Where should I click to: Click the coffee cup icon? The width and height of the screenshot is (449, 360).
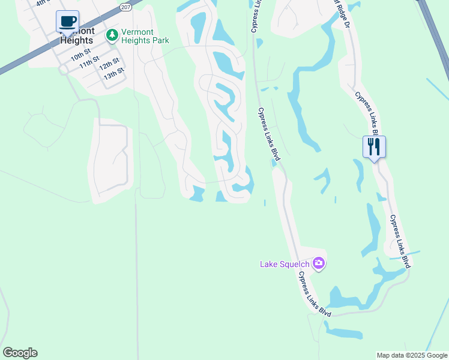pyautogui.click(x=67, y=22)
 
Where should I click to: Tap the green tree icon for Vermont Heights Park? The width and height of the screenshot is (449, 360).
pyautogui.click(x=112, y=35)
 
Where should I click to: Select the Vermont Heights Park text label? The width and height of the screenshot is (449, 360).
pyautogui.click(x=145, y=36)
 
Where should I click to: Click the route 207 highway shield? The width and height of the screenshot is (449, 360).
pyautogui.click(x=125, y=7)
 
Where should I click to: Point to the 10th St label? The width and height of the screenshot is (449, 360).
pyautogui.click(x=79, y=56)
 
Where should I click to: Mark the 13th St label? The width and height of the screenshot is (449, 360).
pyautogui.click(x=113, y=74)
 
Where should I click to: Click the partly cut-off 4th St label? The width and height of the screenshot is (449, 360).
pyautogui.click(x=41, y=2)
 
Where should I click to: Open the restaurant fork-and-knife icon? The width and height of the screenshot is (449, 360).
pyautogui.click(x=373, y=146)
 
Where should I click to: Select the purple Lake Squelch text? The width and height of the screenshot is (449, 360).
pyautogui.click(x=285, y=263)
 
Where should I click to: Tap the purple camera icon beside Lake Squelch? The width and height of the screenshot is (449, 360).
pyautogui.click(x=318, y=263)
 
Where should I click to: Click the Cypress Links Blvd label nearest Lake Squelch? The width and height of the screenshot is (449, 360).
pyautogui.click(x=315, y=293)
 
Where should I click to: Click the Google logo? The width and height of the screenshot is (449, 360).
pyautogui.click(x=20, y=353)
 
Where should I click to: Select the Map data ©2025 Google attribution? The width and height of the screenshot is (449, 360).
pyautogui.click(x=412, y=355)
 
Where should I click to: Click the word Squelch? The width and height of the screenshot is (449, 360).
pyautogui.click(x=295, y=263)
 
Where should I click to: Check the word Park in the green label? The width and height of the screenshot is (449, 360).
pyautogui.click(x=160, y=41)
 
